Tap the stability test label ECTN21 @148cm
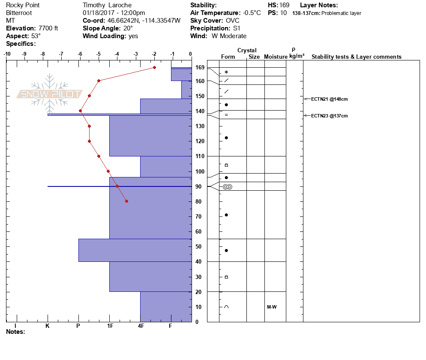pos(329,99)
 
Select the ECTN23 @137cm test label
pos(329,116)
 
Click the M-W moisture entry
pos(271,307)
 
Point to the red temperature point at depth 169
pos(154,67)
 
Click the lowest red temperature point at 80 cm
pos(126,201)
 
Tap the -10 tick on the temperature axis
pos(7,54)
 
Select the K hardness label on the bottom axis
pos(48,326)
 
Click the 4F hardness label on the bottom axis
pos(141,326)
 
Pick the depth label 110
pos(199,156)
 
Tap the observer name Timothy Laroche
pos(108,5)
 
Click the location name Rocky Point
pos(23,5)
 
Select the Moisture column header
pos(276,57)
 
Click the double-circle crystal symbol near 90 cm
pos(227,187)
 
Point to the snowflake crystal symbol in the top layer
pos(226,72)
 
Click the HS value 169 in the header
pos(284,5)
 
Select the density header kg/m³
pos(297,56)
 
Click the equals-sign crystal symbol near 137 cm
pos(226,115)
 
